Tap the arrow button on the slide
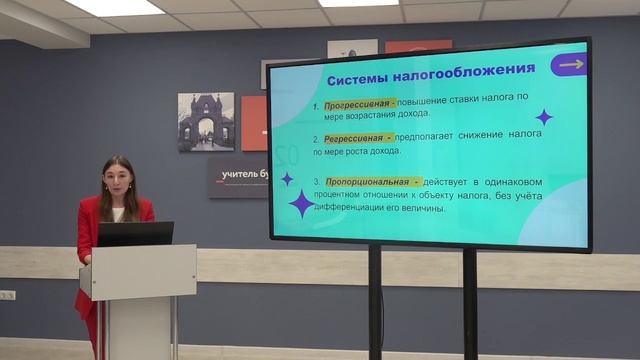(570, 65)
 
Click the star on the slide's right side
(544, 117)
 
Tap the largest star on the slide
(302, 203)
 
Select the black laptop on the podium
(134, 234)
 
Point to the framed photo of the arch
(206, 122)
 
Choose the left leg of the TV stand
(375, 300)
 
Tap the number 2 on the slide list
(315, 139)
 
